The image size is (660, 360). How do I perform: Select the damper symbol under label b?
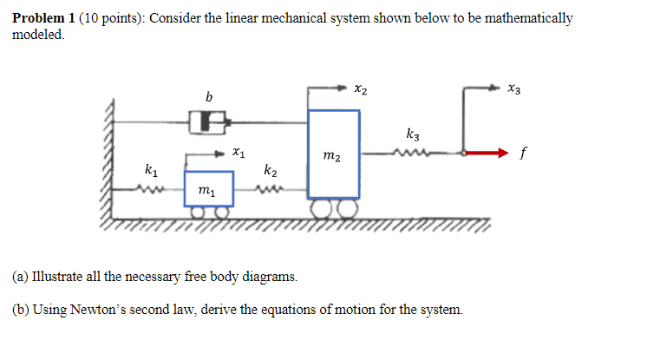coord(209,121)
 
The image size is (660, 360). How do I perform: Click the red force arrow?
coord(485,154)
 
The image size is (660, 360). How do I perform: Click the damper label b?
coord(208,95)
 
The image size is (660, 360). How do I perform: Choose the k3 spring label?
coord(412,134)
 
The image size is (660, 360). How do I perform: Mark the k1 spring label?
coord(152,167)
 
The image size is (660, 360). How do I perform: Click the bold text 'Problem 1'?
coord(41,18)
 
